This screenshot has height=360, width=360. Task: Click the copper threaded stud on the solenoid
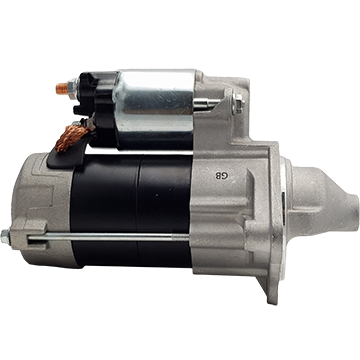[62, 89]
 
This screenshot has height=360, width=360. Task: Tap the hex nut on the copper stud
[72, 89]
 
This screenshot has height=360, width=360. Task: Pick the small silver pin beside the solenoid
[207, 103]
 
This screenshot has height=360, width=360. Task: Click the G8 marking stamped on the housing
[222, 176]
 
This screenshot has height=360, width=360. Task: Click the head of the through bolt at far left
[5, 237]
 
